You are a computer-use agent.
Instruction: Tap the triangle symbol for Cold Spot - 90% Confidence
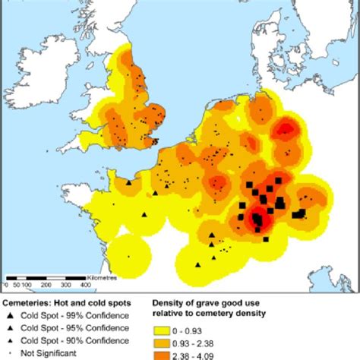10,340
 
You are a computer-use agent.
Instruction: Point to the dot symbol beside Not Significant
10,352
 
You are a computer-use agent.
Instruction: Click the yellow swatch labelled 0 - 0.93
161,331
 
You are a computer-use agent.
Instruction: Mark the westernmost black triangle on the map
129,183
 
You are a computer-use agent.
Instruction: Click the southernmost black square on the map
266,239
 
